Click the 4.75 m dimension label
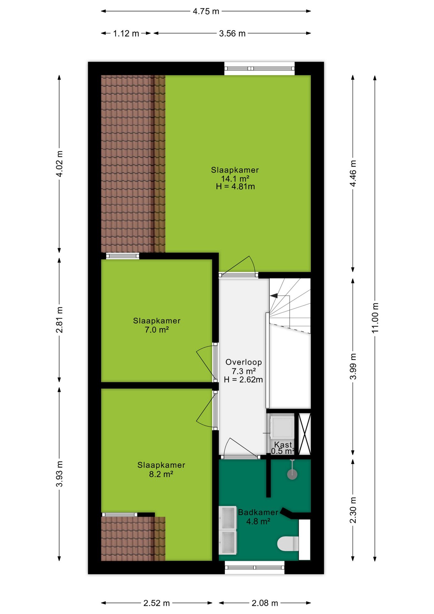tap(206, 12)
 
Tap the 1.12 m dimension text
tap(126, 34)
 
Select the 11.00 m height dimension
tap(375, 318)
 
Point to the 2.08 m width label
tap(265, 603)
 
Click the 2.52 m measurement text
tap(156, 603)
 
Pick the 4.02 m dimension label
tap(59, 163)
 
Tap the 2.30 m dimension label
tap(353, 510)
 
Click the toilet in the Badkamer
tap(288, 544)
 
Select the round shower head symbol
tap(292, 474)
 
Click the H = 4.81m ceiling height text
tap(235, 187)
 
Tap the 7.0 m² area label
tap(157, 330)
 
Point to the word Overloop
tap(244, 362)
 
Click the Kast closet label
tap(283, 445)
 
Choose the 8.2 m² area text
tap(161, 474)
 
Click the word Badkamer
tap(258, 512)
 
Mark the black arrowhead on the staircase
tap(274, 295)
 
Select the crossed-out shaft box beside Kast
tap(305, 434)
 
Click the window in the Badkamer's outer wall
tap(255, 568)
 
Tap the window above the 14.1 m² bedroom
tap(259, 68)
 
